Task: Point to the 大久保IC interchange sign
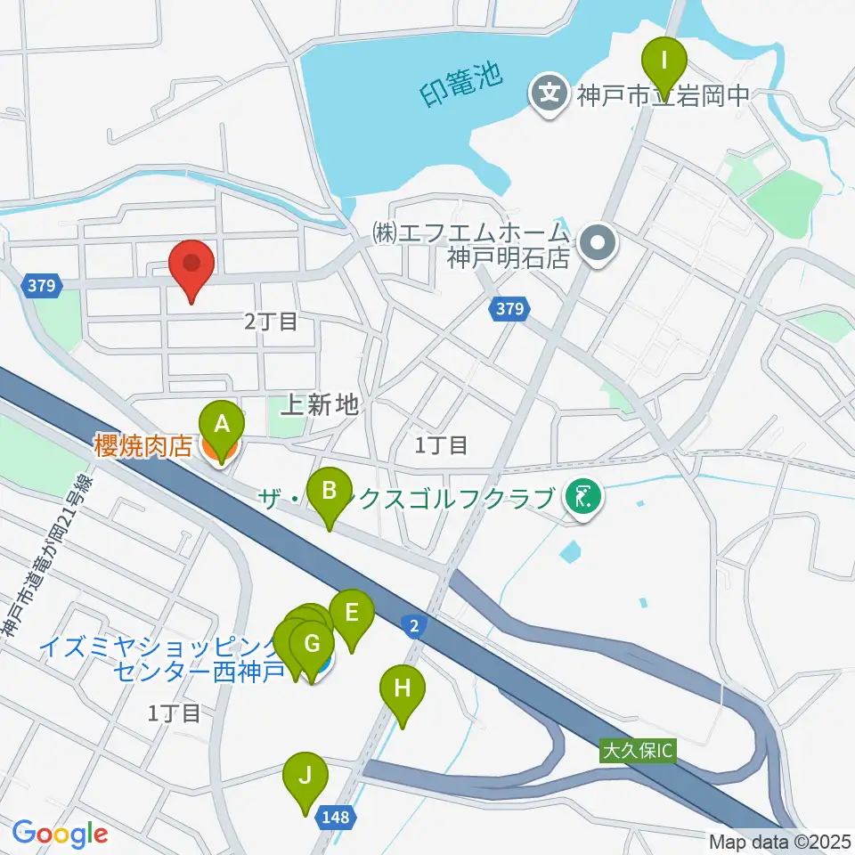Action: pyautogui.click(x=638, y=751)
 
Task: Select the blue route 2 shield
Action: pyautogui.click(x=415, y=626)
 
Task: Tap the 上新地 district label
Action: pyautogui.click(x=319, y=406)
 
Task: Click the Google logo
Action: pyautogui.click(x=60, y=834)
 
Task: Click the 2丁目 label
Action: pyautogui.click(x=270, y=322)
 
